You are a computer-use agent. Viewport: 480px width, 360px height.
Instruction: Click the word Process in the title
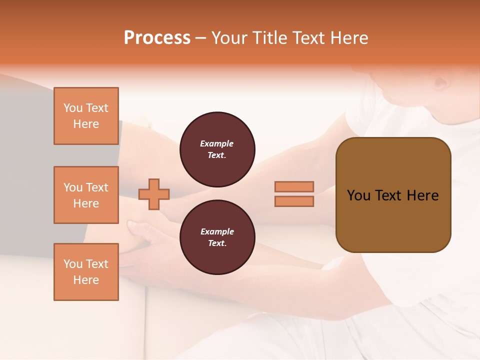(157, 38)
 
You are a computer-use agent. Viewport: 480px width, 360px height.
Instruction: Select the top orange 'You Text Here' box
(86, 116)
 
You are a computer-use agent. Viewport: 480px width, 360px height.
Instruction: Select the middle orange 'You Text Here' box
(86, 195)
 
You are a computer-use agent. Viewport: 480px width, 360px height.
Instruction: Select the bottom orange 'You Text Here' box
(86, 271)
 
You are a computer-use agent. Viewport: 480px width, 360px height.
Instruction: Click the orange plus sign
(154, 194)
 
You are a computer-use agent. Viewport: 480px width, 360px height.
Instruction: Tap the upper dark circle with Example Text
(217, 149)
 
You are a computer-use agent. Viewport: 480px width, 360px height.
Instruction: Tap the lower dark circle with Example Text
(217, 237)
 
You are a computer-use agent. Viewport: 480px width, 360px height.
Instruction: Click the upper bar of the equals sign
(294, 186)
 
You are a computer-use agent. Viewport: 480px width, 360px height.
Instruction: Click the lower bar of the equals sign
(294, 201)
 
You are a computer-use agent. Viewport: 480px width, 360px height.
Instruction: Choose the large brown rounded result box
(393, 220)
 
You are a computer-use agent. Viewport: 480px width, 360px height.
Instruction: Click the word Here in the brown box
(422, 195)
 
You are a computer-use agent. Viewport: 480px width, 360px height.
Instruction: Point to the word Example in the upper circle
(217, 143)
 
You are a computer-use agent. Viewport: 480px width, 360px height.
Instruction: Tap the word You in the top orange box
(73, 108)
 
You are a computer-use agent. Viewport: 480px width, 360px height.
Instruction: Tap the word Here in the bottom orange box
(86, 280)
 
